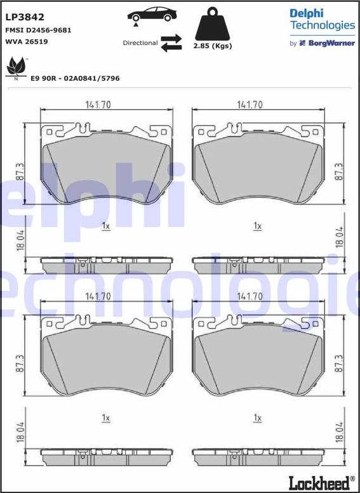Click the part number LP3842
(25, 17)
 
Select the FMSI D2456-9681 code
(38, 30)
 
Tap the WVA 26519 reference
(27, 41)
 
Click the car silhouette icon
(152, 15)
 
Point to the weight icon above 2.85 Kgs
(213, 24)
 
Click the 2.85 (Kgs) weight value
(213, 46)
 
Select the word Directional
(140, 43)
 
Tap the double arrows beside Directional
(171, 43)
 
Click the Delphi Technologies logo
(323, 19)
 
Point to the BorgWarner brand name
(331, 43)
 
